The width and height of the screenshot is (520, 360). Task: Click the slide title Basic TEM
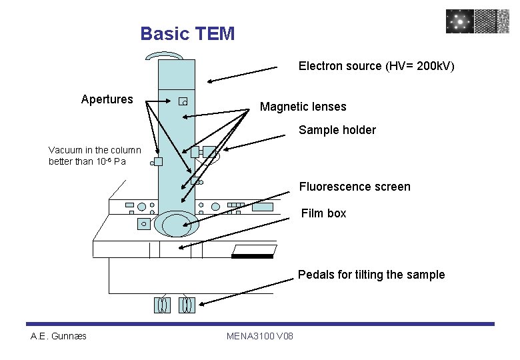tap(187, 33)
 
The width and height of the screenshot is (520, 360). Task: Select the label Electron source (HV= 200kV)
tap(376, 66)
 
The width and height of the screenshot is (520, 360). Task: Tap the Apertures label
tap(107, 100)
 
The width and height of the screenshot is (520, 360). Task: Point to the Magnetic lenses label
tap(303, 107)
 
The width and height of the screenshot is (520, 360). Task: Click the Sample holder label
tap(337, 130)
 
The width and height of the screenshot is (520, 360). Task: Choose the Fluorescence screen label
tap(354, 187)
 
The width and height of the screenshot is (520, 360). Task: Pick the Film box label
tap(323, 213)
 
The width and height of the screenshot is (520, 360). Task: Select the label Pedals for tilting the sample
tap(371, 275)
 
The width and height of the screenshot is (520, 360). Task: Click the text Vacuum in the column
tap(95, 150)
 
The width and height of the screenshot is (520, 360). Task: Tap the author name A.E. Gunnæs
tap(59, 335)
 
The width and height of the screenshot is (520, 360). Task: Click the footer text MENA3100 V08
tap(260, 335)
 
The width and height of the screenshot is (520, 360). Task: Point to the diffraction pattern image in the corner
tap(460, 21)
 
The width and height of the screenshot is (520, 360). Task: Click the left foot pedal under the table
tap(162, 305)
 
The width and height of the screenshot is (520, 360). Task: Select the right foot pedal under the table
tap(187, 305)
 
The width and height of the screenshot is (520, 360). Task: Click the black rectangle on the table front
tap(252, 256)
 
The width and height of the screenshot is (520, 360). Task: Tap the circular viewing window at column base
tap(176, 223)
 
